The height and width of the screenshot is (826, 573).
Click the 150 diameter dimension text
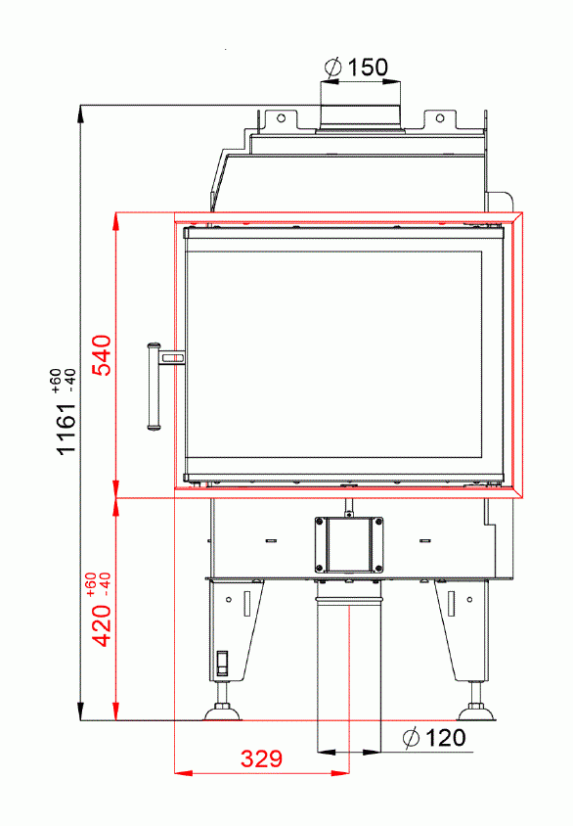(368, 67)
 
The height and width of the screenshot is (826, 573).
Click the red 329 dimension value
(261, 758)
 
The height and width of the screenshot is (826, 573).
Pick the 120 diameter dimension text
(445, 737)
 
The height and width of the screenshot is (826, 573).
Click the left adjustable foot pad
(222, 712)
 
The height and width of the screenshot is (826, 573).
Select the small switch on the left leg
(222, 663)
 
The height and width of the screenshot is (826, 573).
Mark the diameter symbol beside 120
(411, 737)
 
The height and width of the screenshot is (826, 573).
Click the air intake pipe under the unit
(349, 665)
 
